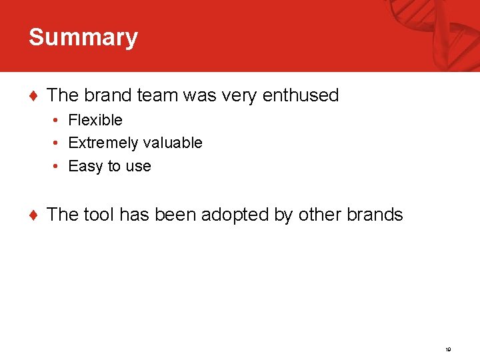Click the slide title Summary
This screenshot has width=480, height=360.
tap(83, 37)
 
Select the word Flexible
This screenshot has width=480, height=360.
tap(95, 120)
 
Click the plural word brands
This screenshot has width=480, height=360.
tap(375, 215)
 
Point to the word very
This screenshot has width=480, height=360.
tap(237, 95)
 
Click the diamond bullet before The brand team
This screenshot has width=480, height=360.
tap(33, 96)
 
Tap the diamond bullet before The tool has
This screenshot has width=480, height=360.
tap(33, 215)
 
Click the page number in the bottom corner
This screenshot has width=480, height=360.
tap(449, 349)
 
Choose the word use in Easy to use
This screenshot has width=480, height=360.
tap(138, 166)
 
